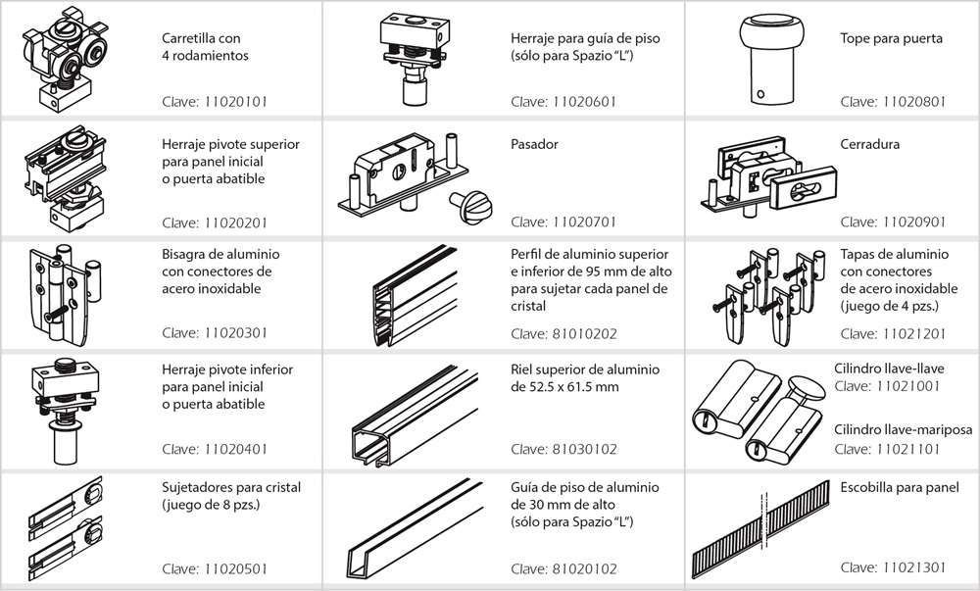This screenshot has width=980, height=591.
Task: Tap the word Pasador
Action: [534, 144]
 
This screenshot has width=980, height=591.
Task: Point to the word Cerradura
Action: [869, 144]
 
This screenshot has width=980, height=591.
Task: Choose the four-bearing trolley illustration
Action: [61, 59]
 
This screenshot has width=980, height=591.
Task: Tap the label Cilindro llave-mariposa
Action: [902, 430]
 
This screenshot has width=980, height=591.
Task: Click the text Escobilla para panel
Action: [900, 487]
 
